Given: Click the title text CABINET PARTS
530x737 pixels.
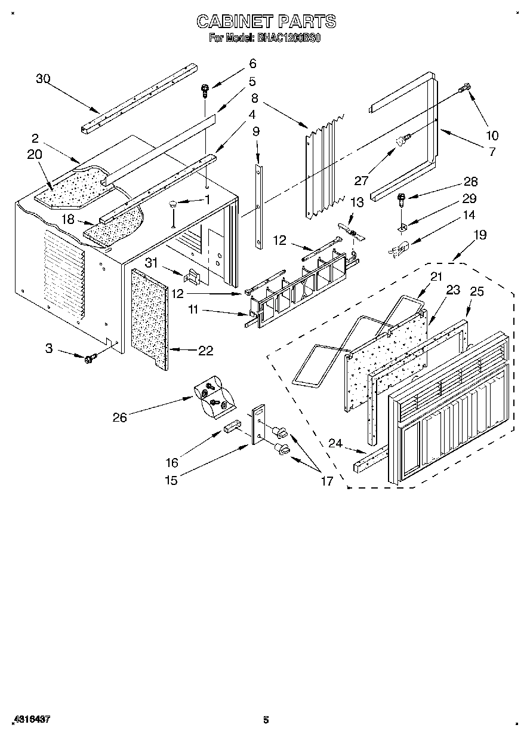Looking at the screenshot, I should pos(266,22).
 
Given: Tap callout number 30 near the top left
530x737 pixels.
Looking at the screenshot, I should pos(43,78).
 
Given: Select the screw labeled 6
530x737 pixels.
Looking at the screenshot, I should pos(205,91).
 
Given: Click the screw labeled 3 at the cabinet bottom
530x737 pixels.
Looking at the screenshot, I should pos(91,358).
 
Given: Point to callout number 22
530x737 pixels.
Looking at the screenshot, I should pos(205,351).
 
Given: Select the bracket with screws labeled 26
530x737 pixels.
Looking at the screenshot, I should pos(212,396).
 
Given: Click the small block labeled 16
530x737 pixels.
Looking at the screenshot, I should pos(232,427).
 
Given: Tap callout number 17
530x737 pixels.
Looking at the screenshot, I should pos(326,480).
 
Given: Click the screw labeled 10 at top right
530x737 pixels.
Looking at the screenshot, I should pos(464,90).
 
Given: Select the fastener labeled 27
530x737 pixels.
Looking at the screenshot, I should pos(402,140).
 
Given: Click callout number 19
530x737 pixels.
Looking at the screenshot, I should pos(480,235).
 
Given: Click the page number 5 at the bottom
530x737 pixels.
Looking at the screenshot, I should pos(266,720).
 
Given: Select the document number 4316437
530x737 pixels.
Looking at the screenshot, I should pos(30,720).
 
